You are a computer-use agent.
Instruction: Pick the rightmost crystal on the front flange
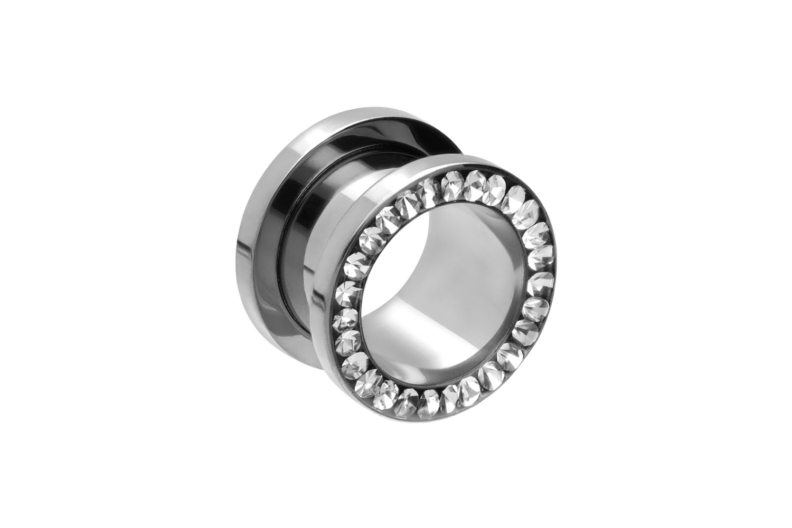pos(541,280)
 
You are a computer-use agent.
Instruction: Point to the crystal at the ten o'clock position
pos(370,240)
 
